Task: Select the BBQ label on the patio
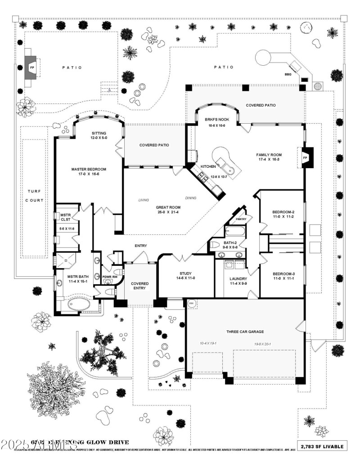click(288, 74)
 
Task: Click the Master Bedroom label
click(89, 169)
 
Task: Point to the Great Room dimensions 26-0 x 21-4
click(166, 212)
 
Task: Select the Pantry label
click(242, 219)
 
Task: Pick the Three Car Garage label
click(246, 332)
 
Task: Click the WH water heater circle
click(190, 302)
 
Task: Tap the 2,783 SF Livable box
click(322, 447)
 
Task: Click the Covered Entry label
click(140, 286)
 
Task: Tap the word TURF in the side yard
click(32, 191)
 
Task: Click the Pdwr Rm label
click(109, 277)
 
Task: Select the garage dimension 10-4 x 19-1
click(208, 343)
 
